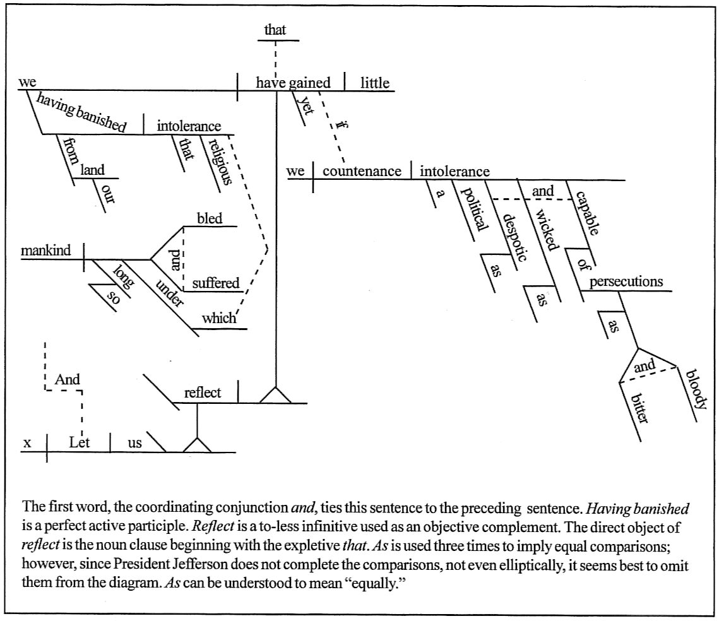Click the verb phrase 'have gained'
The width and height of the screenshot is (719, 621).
292,83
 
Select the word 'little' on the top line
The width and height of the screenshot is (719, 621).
374,83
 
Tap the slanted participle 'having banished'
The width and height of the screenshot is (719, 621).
81,112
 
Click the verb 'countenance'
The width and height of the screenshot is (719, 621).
362,171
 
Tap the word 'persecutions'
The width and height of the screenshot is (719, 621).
626,281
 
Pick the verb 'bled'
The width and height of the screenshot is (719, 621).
210,218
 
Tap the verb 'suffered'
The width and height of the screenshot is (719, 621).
216,283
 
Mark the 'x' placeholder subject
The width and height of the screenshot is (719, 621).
27,444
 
